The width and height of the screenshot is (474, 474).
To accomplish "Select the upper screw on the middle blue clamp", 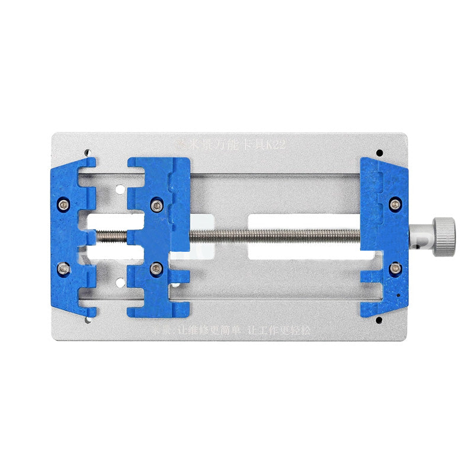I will [x=156, y=205].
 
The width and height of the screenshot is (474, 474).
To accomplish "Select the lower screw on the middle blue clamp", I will [x=156, y=269].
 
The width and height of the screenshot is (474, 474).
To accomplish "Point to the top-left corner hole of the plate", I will [x=88, y=152].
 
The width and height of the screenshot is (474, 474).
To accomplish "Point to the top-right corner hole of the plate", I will [x=377, y=152].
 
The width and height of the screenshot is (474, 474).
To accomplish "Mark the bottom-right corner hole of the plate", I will [x=377, y=321].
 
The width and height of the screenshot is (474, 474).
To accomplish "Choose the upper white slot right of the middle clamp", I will [x=302, y=221].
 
